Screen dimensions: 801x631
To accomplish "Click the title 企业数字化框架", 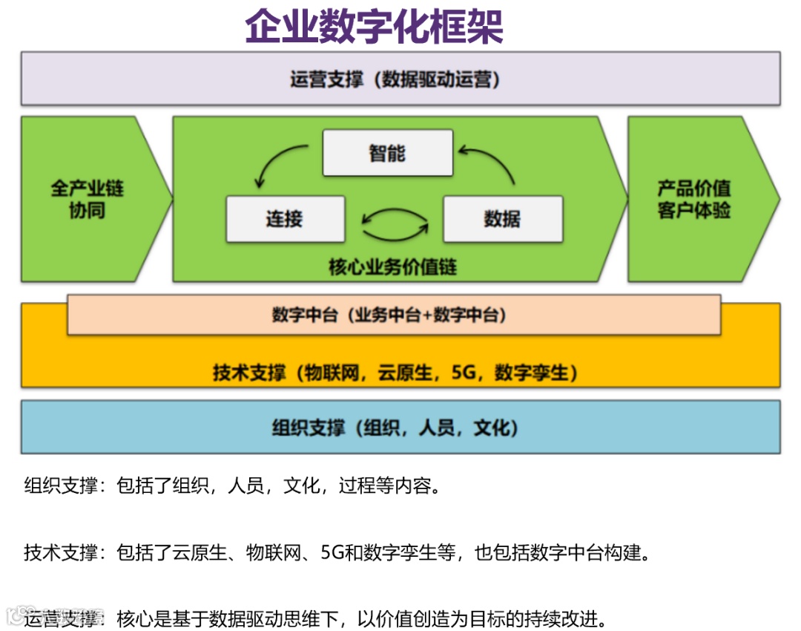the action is coord(374,27).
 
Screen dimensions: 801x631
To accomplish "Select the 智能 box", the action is coord(387,153).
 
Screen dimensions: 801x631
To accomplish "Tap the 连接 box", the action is coord(285,219).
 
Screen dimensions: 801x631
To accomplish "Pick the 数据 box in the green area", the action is coord(502,219).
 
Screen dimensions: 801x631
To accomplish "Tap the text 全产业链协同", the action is coord(87,199).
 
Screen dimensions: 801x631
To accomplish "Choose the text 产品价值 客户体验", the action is coord(693,199).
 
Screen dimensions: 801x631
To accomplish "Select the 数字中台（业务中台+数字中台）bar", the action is coord(390,315).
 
